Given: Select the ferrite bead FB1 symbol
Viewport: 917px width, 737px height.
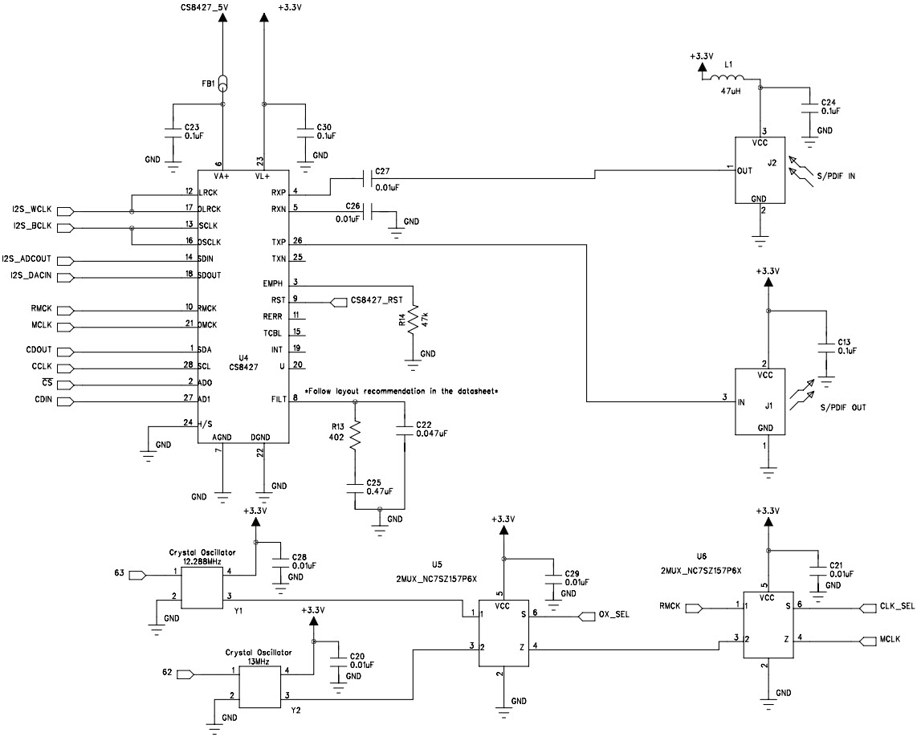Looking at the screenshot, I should pos(222,83).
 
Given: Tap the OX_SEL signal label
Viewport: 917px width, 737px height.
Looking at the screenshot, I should pos(614,615).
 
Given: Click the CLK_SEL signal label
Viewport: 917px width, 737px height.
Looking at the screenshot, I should pos(897,607).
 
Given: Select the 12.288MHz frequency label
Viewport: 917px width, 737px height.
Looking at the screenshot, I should pos(200,563).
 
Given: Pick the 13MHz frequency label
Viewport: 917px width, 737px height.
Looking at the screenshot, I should pos(263,662).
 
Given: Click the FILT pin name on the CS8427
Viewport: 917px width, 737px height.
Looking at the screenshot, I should pos(277,399).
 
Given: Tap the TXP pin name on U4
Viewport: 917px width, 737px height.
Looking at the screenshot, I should pos(278,242).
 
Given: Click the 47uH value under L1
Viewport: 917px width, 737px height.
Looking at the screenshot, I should pos(731,92).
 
